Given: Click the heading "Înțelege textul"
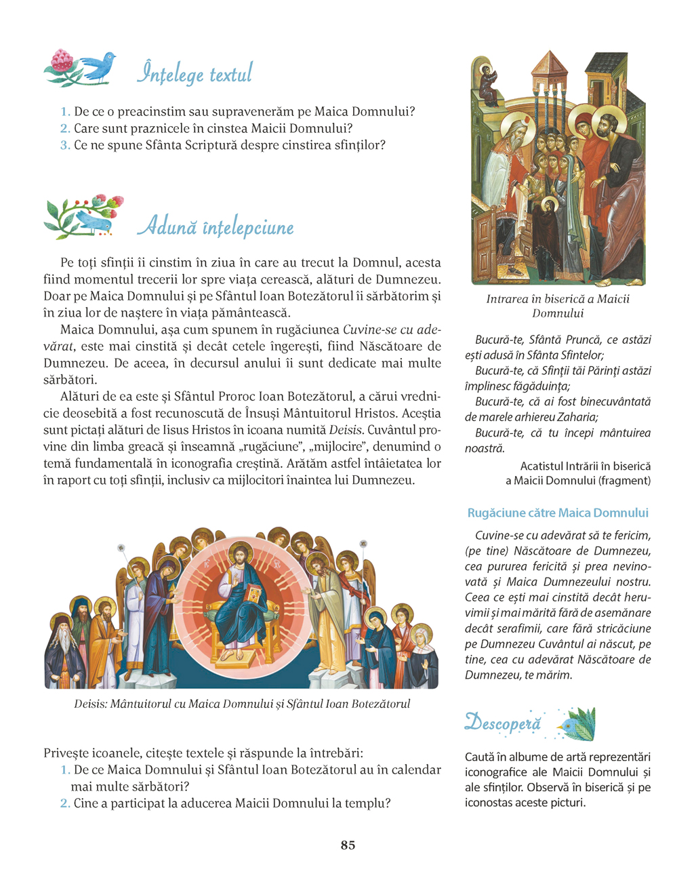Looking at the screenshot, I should click(x=195, y=73).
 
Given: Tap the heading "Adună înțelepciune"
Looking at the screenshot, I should click(x=216, y=226).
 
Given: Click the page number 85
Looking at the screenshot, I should click(x=348, y=845).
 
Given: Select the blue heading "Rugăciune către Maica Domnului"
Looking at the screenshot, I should click(x=558, y=513).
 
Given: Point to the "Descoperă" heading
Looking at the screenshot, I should click(x=503, y=723).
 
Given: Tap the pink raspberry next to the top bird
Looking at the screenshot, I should click(x=62, y=62).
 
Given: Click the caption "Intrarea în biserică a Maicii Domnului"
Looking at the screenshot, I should click(x=558, y=306).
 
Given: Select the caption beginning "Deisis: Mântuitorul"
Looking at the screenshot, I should click(x=242, y=704).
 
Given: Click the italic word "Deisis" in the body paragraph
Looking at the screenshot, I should click(x=346, y=430).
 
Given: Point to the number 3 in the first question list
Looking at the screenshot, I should click(x=65, y=145).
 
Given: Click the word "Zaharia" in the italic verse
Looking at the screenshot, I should click(x=577, y=417).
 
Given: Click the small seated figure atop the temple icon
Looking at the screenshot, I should click(x=487, y=82).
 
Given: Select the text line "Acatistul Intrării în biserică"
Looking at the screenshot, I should click(x=585, y=466).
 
